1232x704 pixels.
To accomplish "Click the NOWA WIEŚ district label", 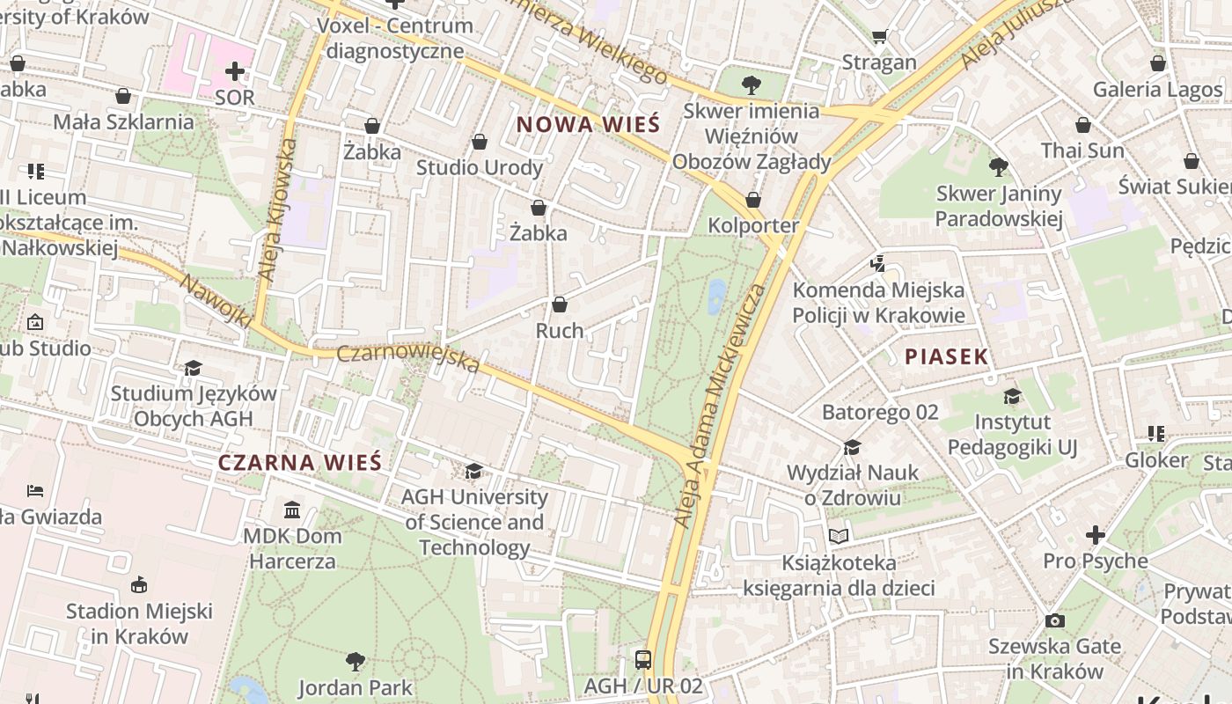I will coord(588,124).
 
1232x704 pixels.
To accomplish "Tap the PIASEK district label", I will coord(947,356).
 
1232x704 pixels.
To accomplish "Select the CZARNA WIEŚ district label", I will coord(299,462).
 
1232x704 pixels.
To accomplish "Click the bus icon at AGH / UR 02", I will coord(643,659).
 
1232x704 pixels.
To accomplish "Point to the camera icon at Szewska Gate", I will coord(1054,620).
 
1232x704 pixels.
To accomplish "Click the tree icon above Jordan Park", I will coord(356,660).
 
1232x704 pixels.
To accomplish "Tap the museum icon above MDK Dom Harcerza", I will coord(291,510).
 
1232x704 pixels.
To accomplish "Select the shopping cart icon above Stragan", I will coord(879,36).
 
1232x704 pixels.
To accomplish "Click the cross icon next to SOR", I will coord(235,70).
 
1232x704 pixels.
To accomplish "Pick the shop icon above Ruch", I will coord(560,304).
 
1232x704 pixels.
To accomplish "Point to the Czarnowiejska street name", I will coord(409,358).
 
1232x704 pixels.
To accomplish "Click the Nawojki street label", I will coord(216,299).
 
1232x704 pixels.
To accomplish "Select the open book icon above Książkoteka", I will coord(839,536).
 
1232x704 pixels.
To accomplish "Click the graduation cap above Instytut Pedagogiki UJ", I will coord(1012,396).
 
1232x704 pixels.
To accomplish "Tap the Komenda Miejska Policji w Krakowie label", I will coord(878,303).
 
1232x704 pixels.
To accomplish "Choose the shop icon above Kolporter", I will coord(752,200).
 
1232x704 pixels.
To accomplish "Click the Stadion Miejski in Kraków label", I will coord(139,623).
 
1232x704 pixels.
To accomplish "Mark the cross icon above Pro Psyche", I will coord(1095,534).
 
